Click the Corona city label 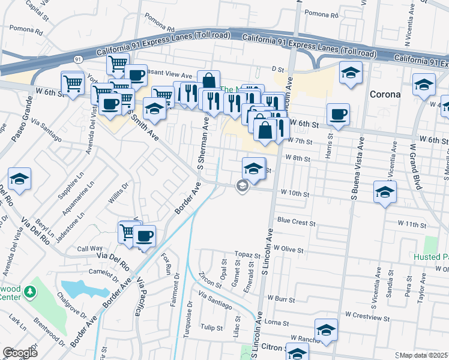click(385, 94)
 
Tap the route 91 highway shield click(79, 59)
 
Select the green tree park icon click(29, 293)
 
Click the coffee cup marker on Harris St click(339, 114)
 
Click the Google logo click(20, 353)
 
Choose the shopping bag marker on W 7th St click(265, 130)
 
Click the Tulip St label click(212, 328)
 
